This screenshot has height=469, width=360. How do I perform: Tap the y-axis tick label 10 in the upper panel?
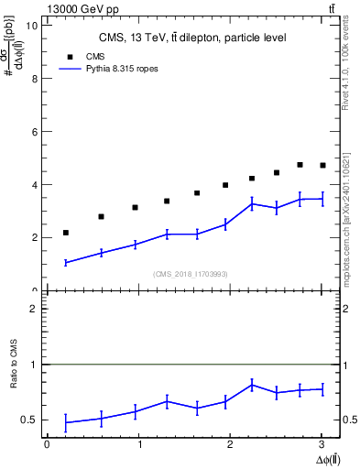pos(32,26)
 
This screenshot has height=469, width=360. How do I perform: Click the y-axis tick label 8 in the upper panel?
pos(34,79)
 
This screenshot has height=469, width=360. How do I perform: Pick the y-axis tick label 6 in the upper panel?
pos(34,132)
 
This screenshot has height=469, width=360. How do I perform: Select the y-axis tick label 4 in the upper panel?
pos(34,185)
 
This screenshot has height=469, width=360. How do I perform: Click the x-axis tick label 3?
pos(322,444)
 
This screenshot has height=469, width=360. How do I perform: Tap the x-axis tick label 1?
pos(139,444)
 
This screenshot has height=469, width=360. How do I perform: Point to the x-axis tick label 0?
pos(47,444)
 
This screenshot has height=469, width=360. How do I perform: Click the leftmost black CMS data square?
pos(66,233)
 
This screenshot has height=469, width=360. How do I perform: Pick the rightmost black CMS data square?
pos(322,166)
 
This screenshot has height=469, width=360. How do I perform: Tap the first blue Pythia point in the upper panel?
pos(66,263)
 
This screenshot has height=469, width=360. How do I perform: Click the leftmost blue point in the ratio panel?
pos(66,422)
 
